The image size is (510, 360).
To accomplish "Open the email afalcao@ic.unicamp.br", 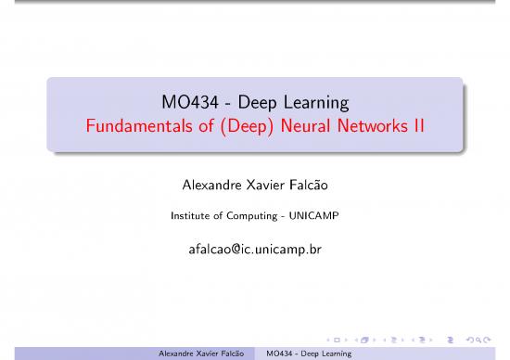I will coord(255,249).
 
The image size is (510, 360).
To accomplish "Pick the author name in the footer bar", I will coord(208,353).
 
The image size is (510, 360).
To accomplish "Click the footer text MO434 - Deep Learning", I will coord(308,353).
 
